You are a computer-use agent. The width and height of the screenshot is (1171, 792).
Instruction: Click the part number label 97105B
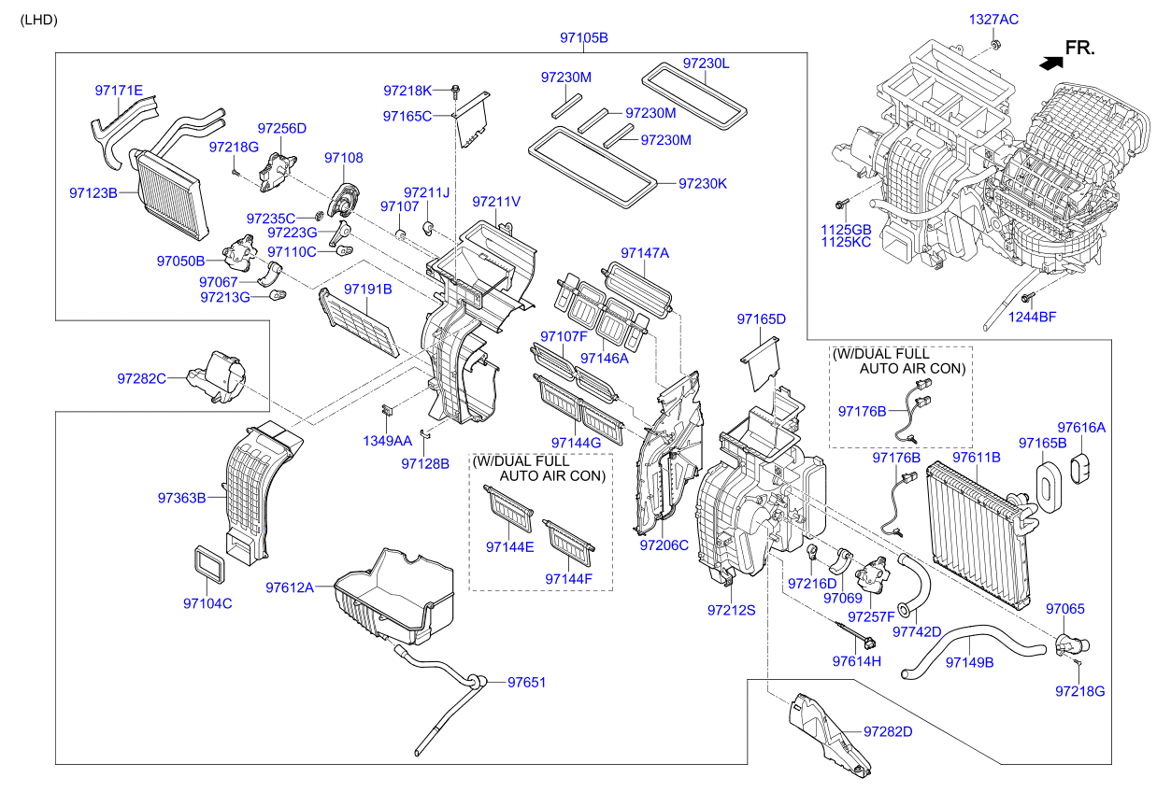[x=584, y=37]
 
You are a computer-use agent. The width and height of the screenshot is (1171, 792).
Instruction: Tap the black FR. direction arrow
[x=1050, y=63]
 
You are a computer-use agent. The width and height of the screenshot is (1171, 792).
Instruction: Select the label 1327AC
[x=993, y=19]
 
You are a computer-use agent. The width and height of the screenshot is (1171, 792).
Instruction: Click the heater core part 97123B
[x=168, y=187]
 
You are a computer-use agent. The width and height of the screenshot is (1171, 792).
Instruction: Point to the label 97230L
[x=706, y=64]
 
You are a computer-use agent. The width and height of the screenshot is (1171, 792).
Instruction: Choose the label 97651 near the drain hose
[x=526, y=683]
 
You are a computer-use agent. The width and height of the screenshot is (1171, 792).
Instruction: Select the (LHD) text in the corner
[x=39, y=19]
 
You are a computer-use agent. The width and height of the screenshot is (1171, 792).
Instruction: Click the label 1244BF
[x=1032, y=318]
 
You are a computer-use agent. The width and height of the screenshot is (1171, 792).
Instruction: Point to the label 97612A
[x=290, y=587]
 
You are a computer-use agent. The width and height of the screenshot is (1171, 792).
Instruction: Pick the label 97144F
[x=569, y=580]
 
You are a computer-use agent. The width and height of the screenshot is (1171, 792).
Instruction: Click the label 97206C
[x=664, y=544]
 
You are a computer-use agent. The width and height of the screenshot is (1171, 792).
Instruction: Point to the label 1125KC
[x=845, y=242]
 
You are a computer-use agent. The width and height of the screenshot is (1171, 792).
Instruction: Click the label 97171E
[x=119, y=91]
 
